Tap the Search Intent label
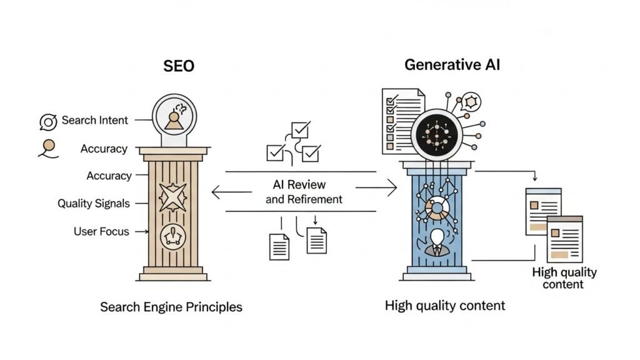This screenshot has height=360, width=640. click(94, 119)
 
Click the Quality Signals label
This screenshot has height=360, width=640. click(94, 203)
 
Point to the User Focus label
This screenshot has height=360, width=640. click(101, 231)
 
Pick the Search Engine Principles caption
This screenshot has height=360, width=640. click(171, 307)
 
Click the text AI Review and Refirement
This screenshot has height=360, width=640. click(304, 192)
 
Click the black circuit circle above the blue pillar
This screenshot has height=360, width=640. click(436, 132)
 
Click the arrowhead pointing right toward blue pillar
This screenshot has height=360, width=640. click(393, 186)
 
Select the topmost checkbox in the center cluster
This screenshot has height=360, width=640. click(300, 129)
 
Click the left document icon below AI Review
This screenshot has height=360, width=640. click(279, 245)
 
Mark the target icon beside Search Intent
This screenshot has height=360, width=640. click(48, 121)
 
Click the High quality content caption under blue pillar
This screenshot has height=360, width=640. click(444, 306)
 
